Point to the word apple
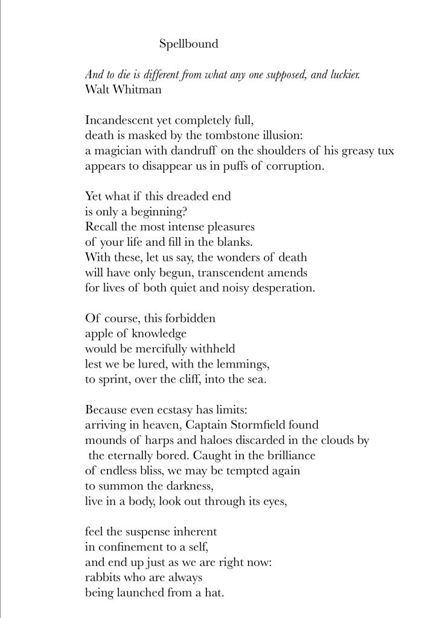(98, 333)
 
